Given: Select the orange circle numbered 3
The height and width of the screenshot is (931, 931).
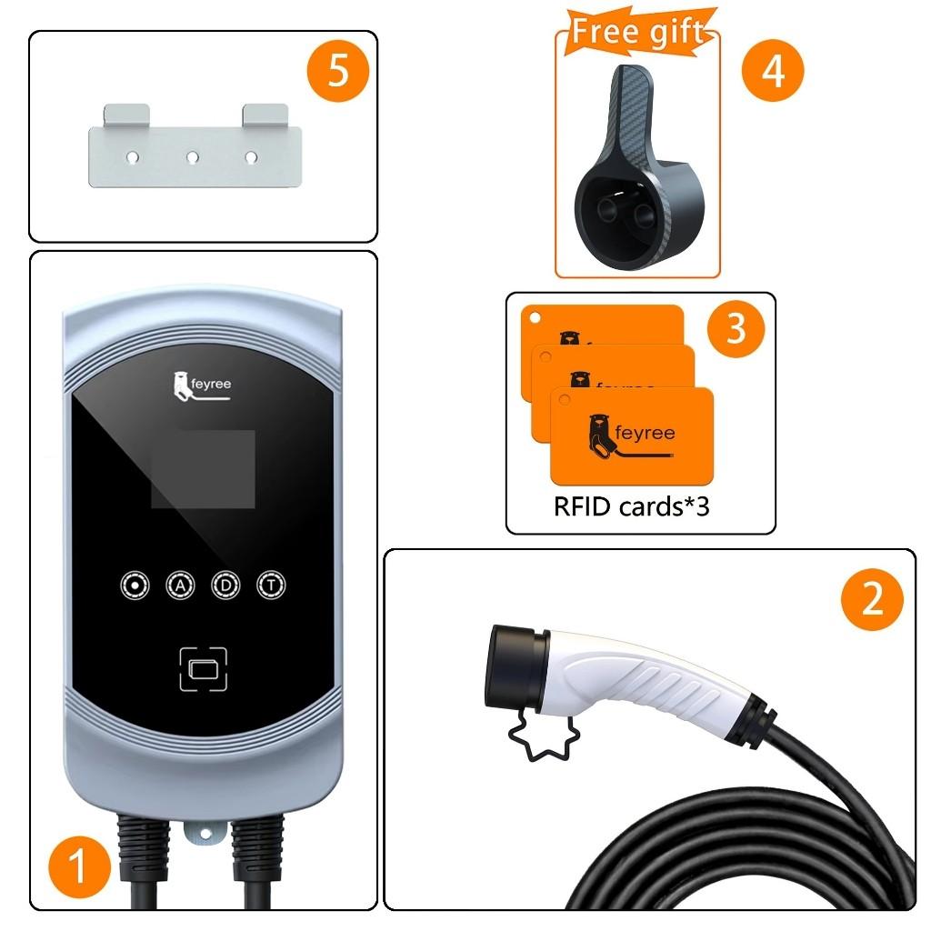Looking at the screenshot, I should click(735, 327).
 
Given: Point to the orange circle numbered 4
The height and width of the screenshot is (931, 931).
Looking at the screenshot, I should click(773, 70).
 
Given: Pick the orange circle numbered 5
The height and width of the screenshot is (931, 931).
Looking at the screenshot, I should click(338, 71).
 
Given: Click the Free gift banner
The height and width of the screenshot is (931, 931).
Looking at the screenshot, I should click(637, 32).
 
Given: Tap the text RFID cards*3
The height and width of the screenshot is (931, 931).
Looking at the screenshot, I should click(631, 506).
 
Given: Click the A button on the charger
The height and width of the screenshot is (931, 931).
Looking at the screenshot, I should click(180, 586).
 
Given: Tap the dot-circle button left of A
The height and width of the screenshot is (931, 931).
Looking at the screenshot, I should click(135, 586).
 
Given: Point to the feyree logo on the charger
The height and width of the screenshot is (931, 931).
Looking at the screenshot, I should click(203, 385).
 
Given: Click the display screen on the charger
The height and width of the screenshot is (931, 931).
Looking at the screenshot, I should click(203, 469).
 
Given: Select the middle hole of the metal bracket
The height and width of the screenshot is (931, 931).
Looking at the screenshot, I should click(192, 157).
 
